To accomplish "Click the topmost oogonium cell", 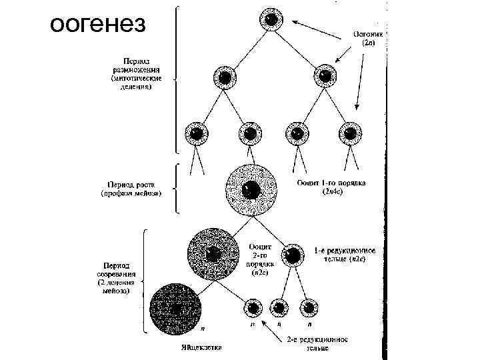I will (271, 20).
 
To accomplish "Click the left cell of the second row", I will (225, 77).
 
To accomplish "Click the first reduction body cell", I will (291, 254).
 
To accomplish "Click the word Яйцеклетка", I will (201, 347).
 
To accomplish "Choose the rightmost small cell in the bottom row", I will (308, 308).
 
